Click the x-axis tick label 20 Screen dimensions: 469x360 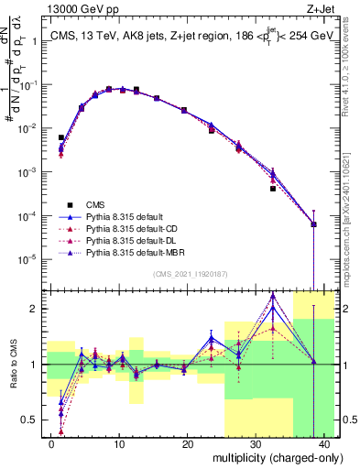(x=187, y=443)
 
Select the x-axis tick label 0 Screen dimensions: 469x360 (x=51, y=443)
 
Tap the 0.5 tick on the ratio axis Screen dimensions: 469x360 (x=32, y=420)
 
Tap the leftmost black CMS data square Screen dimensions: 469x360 (x=61, y=137)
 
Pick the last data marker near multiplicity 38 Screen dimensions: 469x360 (x=314, y=224)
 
